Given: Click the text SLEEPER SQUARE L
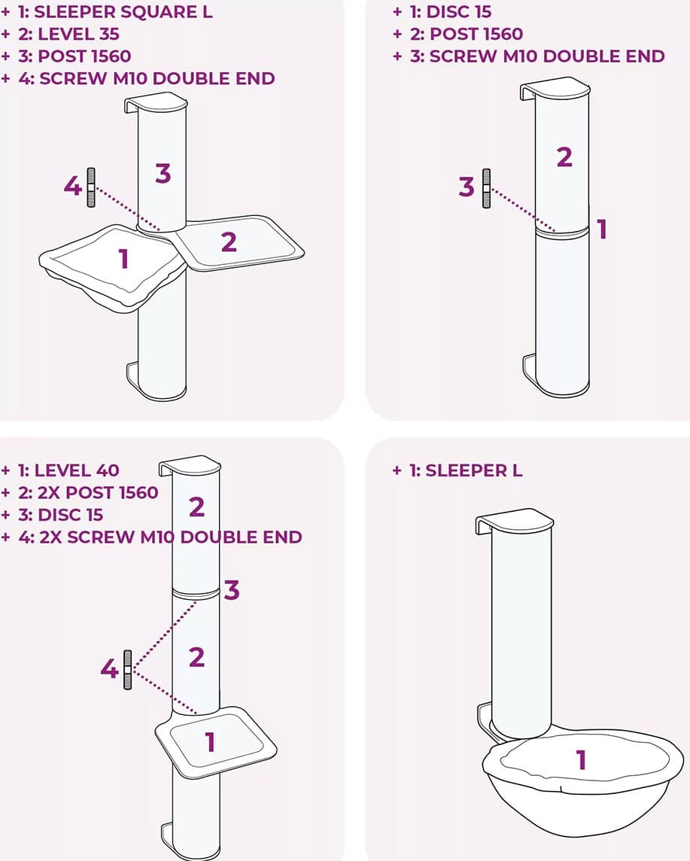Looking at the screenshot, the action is [x=123, y=11].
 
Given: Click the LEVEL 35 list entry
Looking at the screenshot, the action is [x=68, y=34].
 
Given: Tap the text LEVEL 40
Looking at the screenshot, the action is [x=68, y=470].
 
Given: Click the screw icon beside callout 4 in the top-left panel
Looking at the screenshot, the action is [x=91, y=187].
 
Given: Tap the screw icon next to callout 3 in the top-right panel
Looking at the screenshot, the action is [x=486, y=188].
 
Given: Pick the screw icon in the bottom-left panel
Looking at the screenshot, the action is [x=128, y=670].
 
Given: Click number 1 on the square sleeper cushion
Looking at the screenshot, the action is [x=123, y=259].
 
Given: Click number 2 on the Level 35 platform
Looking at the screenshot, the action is [x=229, y=242].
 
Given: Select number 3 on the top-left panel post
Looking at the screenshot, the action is [x=163, y=174].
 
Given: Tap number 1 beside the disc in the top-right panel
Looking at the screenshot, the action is [x=602, y=229].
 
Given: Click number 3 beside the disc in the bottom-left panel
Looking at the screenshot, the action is [x=232, y=590].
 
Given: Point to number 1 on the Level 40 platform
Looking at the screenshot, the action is [x=210, y=742].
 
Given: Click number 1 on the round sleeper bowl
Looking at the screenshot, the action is [x=581, y=760].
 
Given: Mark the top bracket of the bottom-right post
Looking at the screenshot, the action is [x=515, y=519].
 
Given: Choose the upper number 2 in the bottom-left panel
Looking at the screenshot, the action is [x=196, y=507].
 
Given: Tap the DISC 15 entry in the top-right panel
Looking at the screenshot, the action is [x=451, y=11].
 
